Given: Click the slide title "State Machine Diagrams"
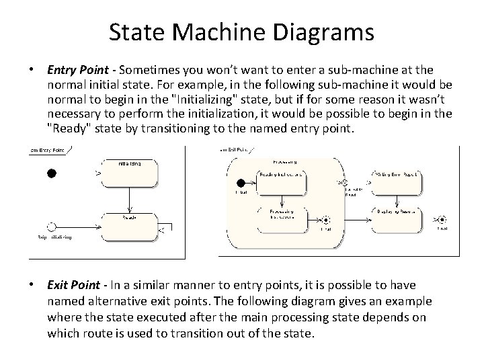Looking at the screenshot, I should [241, 32].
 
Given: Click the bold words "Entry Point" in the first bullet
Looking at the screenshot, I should [74, 70].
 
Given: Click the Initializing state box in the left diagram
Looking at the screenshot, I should [130, 173].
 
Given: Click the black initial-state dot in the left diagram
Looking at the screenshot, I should [51, 173].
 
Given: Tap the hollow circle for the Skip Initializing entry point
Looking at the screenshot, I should [51, 226].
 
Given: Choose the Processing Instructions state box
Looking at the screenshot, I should [281, 216].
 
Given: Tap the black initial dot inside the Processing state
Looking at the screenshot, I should [240, 182].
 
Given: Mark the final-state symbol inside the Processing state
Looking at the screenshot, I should [326, 219].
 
